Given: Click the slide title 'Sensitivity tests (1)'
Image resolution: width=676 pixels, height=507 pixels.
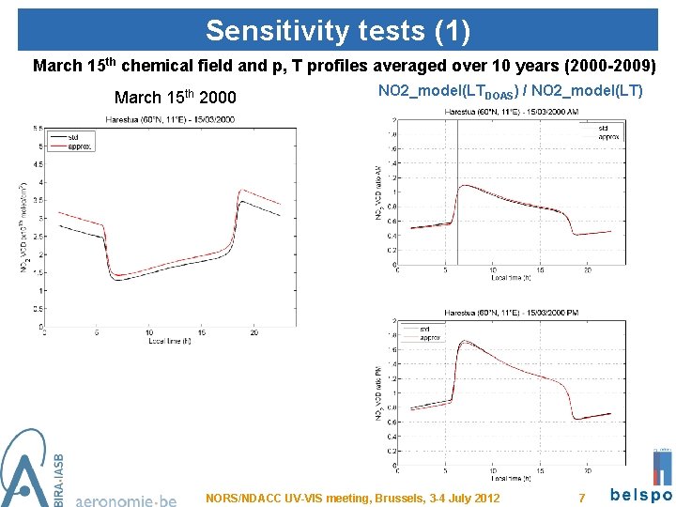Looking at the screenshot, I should point(337,30).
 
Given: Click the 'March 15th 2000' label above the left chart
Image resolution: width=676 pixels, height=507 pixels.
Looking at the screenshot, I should point(175,98).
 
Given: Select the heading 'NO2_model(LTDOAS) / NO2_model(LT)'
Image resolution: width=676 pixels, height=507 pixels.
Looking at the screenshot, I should point(510,92).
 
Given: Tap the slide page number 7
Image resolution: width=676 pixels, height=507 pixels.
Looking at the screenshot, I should point(582,496).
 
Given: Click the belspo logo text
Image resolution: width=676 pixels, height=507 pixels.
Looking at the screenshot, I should point(641,495).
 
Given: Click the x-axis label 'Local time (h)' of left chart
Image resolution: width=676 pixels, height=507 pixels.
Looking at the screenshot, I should point(171,341).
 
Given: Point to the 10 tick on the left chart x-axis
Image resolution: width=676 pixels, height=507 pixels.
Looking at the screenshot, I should point(148,332).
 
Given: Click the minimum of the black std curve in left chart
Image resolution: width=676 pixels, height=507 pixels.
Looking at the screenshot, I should point(120,280).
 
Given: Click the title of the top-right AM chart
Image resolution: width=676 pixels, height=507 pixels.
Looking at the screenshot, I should point(510,112).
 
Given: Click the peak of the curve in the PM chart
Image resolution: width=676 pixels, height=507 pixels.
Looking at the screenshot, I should point(460,343).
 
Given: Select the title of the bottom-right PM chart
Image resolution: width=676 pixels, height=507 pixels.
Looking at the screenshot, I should point(510,312).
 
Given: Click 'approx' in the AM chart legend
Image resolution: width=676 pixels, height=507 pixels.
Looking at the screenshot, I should point(611,137).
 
